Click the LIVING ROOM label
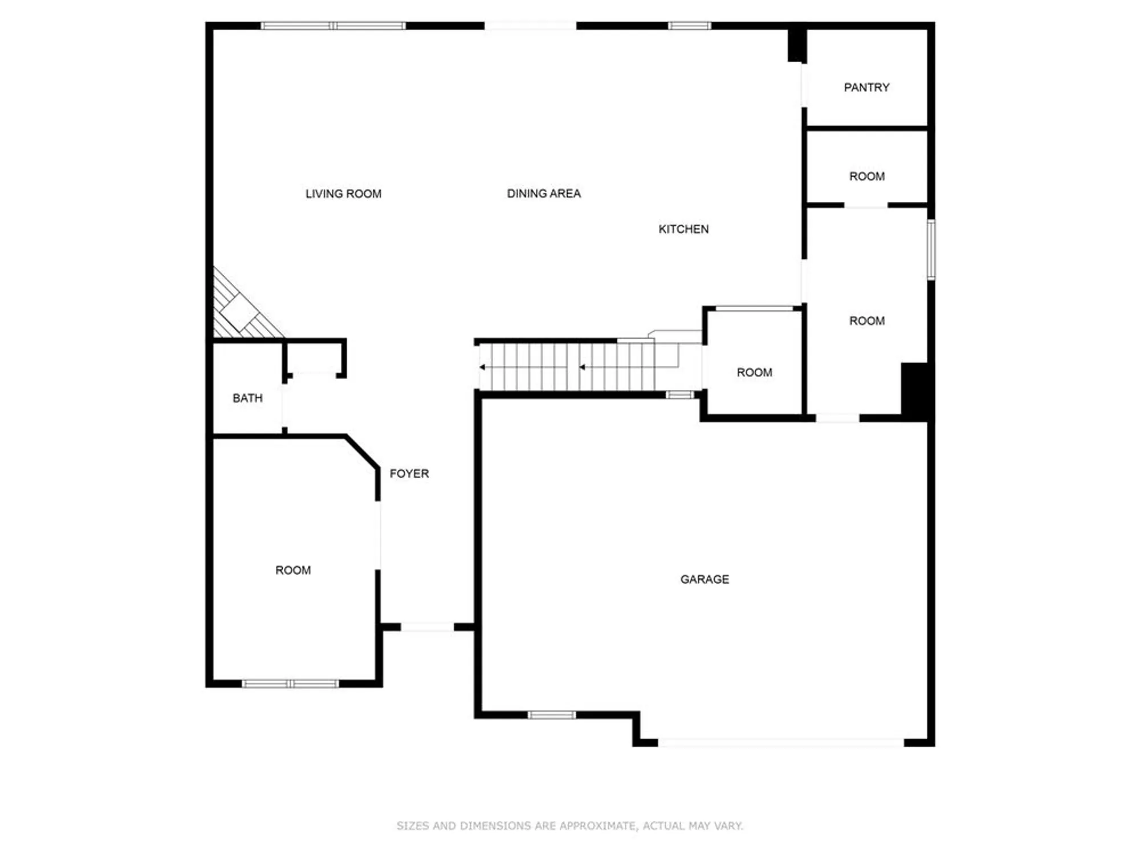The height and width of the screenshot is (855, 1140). (343, 194)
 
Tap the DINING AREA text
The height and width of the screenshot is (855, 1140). (544, 194)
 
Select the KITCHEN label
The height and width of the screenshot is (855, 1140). (683, 229)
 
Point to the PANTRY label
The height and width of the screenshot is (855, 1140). (866, 87)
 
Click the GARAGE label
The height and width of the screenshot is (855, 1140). (705, 579)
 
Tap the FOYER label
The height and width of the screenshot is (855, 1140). (409, 474)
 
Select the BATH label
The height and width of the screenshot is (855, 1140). (247, 398)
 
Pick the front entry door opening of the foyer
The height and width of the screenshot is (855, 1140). (427, 627)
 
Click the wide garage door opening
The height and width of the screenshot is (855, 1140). (781, 742)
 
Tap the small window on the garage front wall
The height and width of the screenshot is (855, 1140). (551, 715)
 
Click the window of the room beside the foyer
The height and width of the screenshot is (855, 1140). (290, 683)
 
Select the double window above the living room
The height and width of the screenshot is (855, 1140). (333, 26)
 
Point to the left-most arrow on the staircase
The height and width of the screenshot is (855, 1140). (482, 367)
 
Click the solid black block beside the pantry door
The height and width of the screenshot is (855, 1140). (796, 44)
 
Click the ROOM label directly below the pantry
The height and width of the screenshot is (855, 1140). (867, 177)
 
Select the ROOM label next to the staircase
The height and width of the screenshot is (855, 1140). (754, 373)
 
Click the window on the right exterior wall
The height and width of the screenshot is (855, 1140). (931, 249)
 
